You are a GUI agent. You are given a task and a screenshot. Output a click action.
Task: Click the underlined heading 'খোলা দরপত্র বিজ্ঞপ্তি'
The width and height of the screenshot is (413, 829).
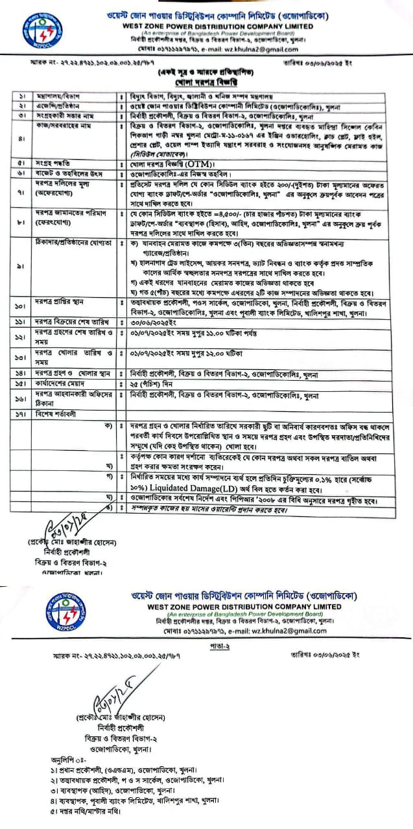click(x=206, y=84)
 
